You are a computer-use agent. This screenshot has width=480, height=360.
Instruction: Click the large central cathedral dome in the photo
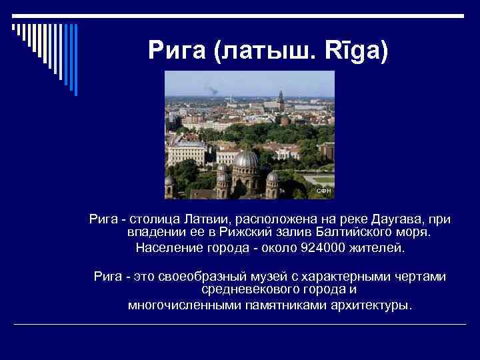(x=247, y=159)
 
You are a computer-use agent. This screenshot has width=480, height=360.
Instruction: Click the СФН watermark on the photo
(x=323, y=191)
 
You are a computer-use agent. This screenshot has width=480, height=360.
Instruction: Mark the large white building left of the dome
(x=187, y=153)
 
